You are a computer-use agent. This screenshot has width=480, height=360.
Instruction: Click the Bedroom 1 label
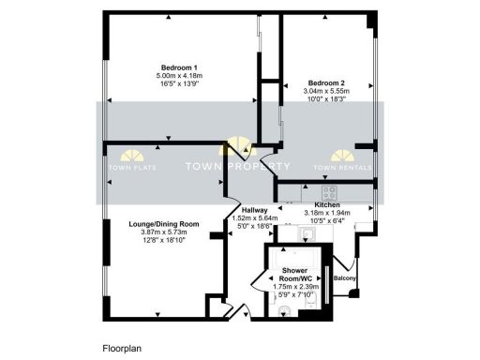(x=178, y=67)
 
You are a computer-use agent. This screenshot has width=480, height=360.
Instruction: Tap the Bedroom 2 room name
(x=328, y=82)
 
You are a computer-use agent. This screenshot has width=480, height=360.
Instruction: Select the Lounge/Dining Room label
(x=165, y=223)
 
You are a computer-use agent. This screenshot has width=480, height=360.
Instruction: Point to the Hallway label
(x=255, y=210)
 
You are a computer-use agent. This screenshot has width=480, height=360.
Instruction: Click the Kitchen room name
(x=327, y=204)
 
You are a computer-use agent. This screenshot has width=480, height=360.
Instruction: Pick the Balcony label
(x=342, y=277)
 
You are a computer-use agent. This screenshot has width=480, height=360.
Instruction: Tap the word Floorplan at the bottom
(x=121, y=347)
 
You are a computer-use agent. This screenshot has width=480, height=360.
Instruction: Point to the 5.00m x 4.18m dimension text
(x=178, y=75)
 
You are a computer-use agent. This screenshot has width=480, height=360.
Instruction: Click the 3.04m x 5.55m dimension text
(x=328, y=90)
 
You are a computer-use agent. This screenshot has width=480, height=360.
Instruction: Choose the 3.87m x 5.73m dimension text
(x=165, y=232)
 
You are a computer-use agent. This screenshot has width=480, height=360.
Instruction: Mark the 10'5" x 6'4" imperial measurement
(x=327, y=221)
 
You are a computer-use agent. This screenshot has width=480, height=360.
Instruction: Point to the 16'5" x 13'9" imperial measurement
(x=178, y=83)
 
